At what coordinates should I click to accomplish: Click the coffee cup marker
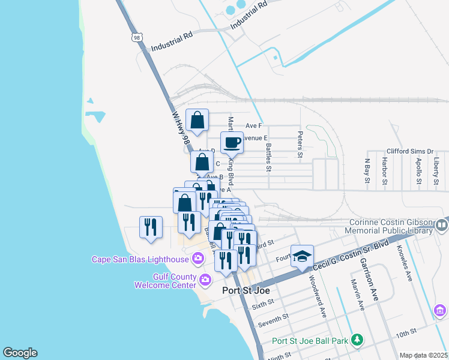[232, 143]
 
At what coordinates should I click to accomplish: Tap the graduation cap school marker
[302, 256]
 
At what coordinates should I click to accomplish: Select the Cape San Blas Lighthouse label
[140, 259]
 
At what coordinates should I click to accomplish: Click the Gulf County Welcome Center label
[165, 281]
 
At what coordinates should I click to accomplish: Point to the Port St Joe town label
[246, 290]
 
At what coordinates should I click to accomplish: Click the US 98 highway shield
[137, 37]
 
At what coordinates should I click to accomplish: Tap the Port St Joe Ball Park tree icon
[357, 340]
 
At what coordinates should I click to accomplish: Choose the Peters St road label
[300, 145]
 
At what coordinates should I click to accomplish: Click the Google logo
[20, 353]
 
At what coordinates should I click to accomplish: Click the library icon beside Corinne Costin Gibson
[442, 226]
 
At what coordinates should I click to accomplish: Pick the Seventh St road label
[273, 320]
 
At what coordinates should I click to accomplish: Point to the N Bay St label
[367, 171]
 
